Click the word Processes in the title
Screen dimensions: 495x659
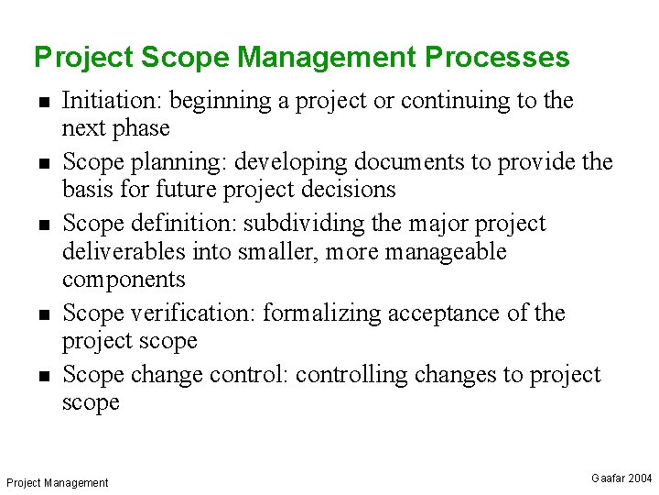497,58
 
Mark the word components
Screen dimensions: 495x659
124,279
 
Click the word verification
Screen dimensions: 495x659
193,313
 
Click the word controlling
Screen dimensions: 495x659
359,375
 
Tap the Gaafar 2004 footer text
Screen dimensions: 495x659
621,478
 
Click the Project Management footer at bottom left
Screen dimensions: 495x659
57,482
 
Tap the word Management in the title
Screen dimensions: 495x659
326,58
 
